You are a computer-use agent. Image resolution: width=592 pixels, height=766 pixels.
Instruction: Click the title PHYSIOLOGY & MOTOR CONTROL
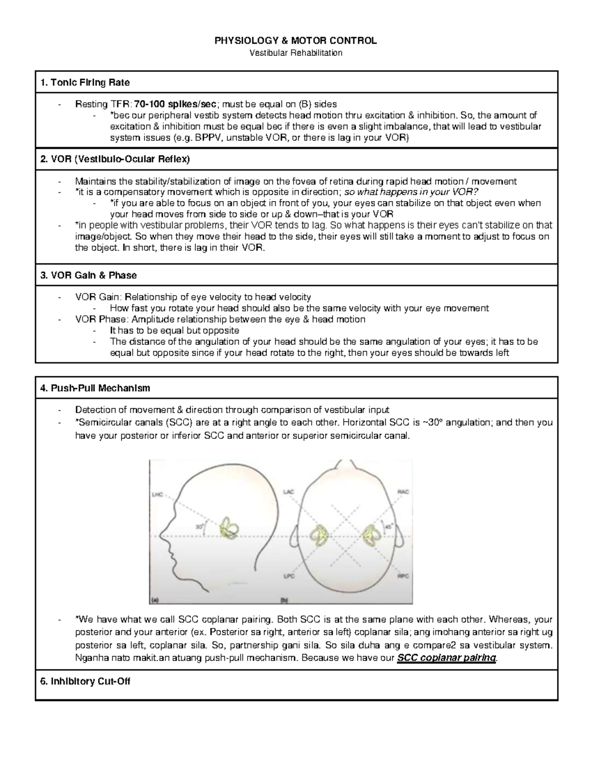[296, 41]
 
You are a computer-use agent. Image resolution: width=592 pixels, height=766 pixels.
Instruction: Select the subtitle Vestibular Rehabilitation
[296, 53]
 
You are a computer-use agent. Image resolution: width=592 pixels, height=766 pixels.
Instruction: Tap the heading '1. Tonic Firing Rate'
[85, 82]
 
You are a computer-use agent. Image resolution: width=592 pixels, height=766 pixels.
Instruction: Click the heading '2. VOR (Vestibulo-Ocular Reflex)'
[114, 159]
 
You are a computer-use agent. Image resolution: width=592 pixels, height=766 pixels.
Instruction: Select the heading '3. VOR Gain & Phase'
[88, 275]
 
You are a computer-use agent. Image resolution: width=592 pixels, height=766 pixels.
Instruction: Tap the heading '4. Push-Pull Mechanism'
[95, 388]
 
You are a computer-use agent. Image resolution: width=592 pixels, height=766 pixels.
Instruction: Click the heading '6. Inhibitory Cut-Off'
[85, 681]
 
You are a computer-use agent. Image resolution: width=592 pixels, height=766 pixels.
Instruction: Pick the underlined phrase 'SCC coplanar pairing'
[446, 658]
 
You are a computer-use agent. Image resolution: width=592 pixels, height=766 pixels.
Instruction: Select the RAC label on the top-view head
[403, 492]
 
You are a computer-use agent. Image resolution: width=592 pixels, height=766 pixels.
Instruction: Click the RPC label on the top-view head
[403, 576]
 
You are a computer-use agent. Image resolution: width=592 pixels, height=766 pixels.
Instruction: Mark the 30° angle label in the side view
[199, 527]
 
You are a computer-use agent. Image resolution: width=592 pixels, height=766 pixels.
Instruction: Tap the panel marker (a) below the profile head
[155, 600]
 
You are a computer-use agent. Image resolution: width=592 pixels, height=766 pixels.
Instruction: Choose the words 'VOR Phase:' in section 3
[94, 319]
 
